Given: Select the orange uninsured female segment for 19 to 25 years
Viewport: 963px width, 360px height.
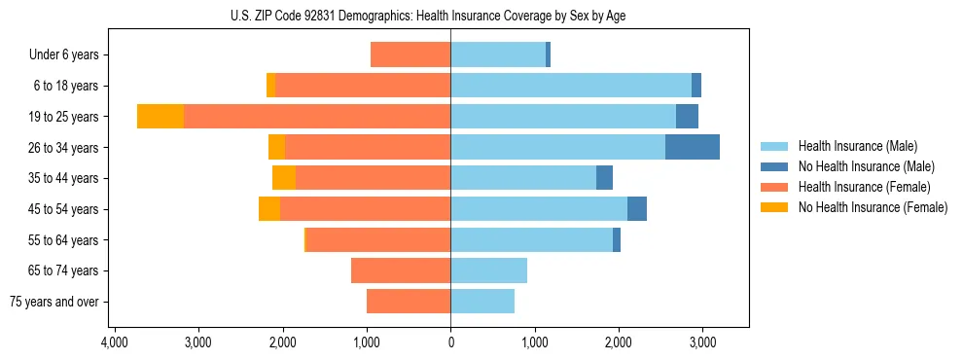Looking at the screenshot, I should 160,117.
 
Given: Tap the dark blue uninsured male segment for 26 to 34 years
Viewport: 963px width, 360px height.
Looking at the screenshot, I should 693,147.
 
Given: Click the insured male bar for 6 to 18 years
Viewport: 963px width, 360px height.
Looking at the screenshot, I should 571,86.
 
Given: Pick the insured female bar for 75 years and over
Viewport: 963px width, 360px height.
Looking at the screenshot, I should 409,302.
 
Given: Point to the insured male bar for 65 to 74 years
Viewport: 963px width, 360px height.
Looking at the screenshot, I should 488,270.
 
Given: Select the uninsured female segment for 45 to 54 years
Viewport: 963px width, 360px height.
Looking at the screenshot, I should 269,209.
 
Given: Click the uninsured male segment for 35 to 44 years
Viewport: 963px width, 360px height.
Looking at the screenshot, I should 604,178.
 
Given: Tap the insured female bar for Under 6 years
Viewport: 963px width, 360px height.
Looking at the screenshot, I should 410,55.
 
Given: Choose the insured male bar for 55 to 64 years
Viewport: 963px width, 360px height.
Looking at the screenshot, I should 531,240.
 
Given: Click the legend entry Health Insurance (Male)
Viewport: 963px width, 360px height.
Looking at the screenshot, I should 857,146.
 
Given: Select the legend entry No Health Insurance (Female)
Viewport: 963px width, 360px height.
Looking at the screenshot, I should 873,207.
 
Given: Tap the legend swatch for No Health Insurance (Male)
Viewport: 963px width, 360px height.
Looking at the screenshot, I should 774,166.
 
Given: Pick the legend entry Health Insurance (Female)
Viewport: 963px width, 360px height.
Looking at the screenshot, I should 862,187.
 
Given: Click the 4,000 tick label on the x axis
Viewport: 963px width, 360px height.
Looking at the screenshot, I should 114,343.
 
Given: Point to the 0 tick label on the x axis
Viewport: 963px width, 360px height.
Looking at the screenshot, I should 450,343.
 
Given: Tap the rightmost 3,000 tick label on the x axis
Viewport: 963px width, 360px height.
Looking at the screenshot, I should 703,343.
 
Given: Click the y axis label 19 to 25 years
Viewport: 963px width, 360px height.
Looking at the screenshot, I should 64,117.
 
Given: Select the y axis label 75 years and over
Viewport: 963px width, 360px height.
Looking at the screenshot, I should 54,302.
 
